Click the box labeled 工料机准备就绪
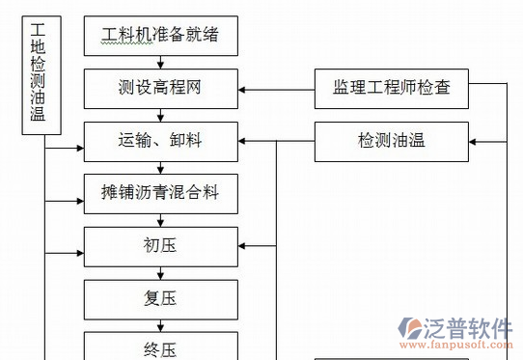pyautogui.click(x=159, y=37)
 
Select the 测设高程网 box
pyautogui.click(x=159, y=91)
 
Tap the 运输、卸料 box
pyautogui.click(x=159, y=142)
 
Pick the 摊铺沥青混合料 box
pyautogui.click(x=159, y=192)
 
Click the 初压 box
pyautogui.click(x=159, y=245)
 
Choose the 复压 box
pyautogui.click(x=159, y=298)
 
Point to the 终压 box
pyautogui.click(x=159, y=346)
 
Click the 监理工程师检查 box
pyautogui.click(x=391, y=91)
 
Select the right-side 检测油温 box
pyautogui.click(x=391, y=141)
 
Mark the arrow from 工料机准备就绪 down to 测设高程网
pyautogui.click(x=159, y=64)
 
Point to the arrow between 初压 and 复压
pyautogui.click(x=159, y=272)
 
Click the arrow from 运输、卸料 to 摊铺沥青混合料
pyautogui.click(x=159, y=167)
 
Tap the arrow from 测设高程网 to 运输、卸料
pyautogui.click(x=159, y=116)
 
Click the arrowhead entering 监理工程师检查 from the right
pyautogui.click(x=473, y=91)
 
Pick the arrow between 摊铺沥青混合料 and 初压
pyautogui.click(x=159, y=218)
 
